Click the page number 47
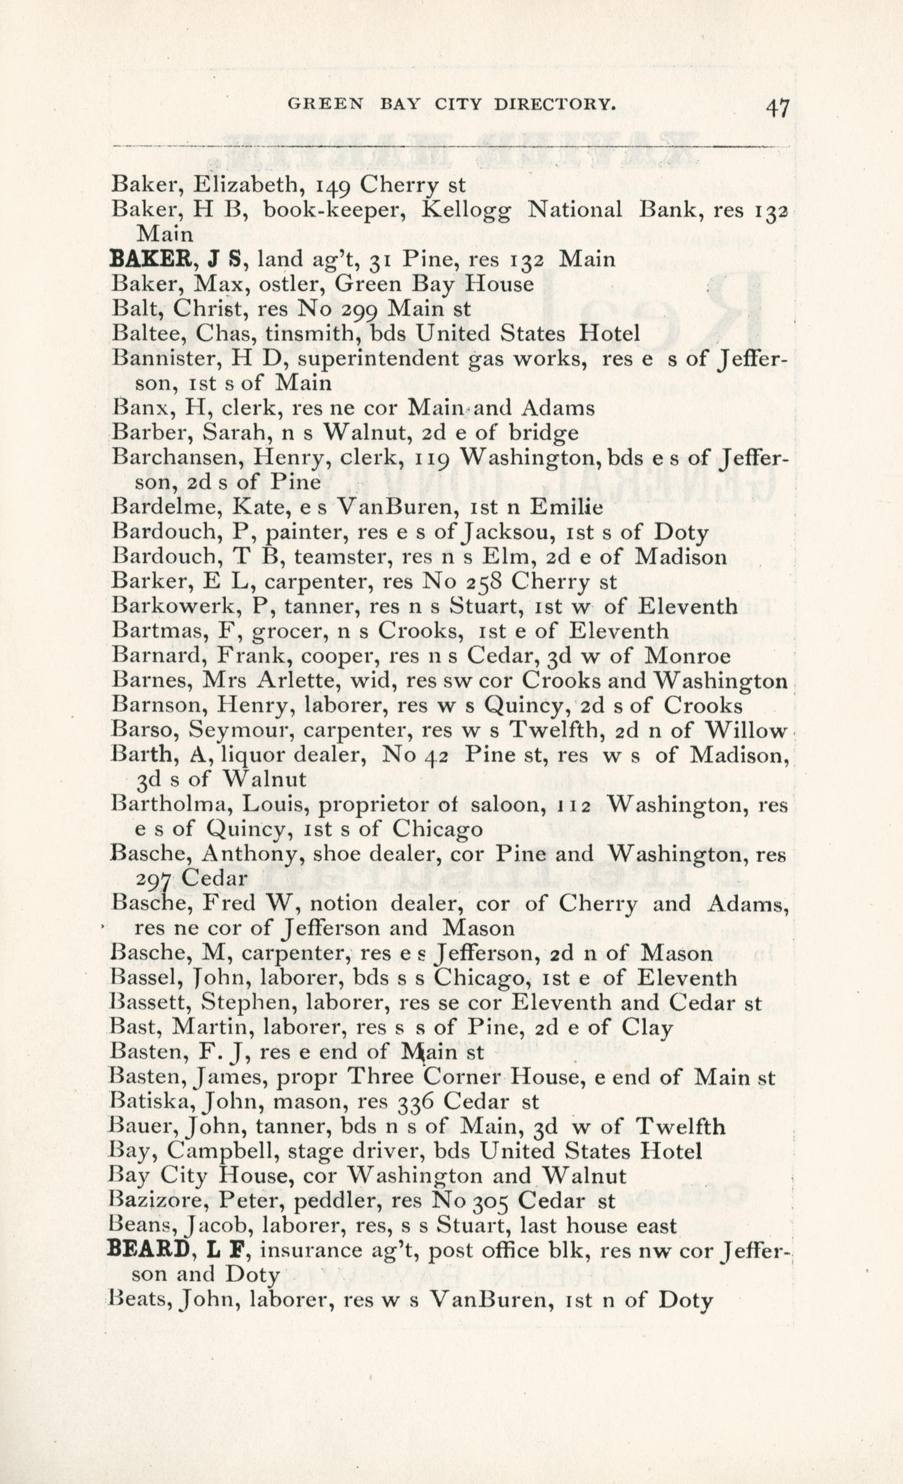[x=777, y=109]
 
